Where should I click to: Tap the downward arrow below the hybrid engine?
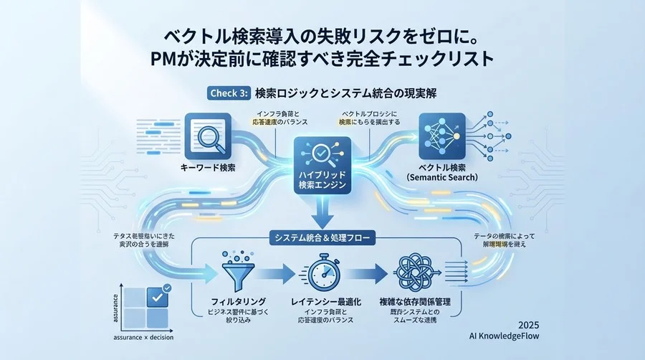tap(322, 212)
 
